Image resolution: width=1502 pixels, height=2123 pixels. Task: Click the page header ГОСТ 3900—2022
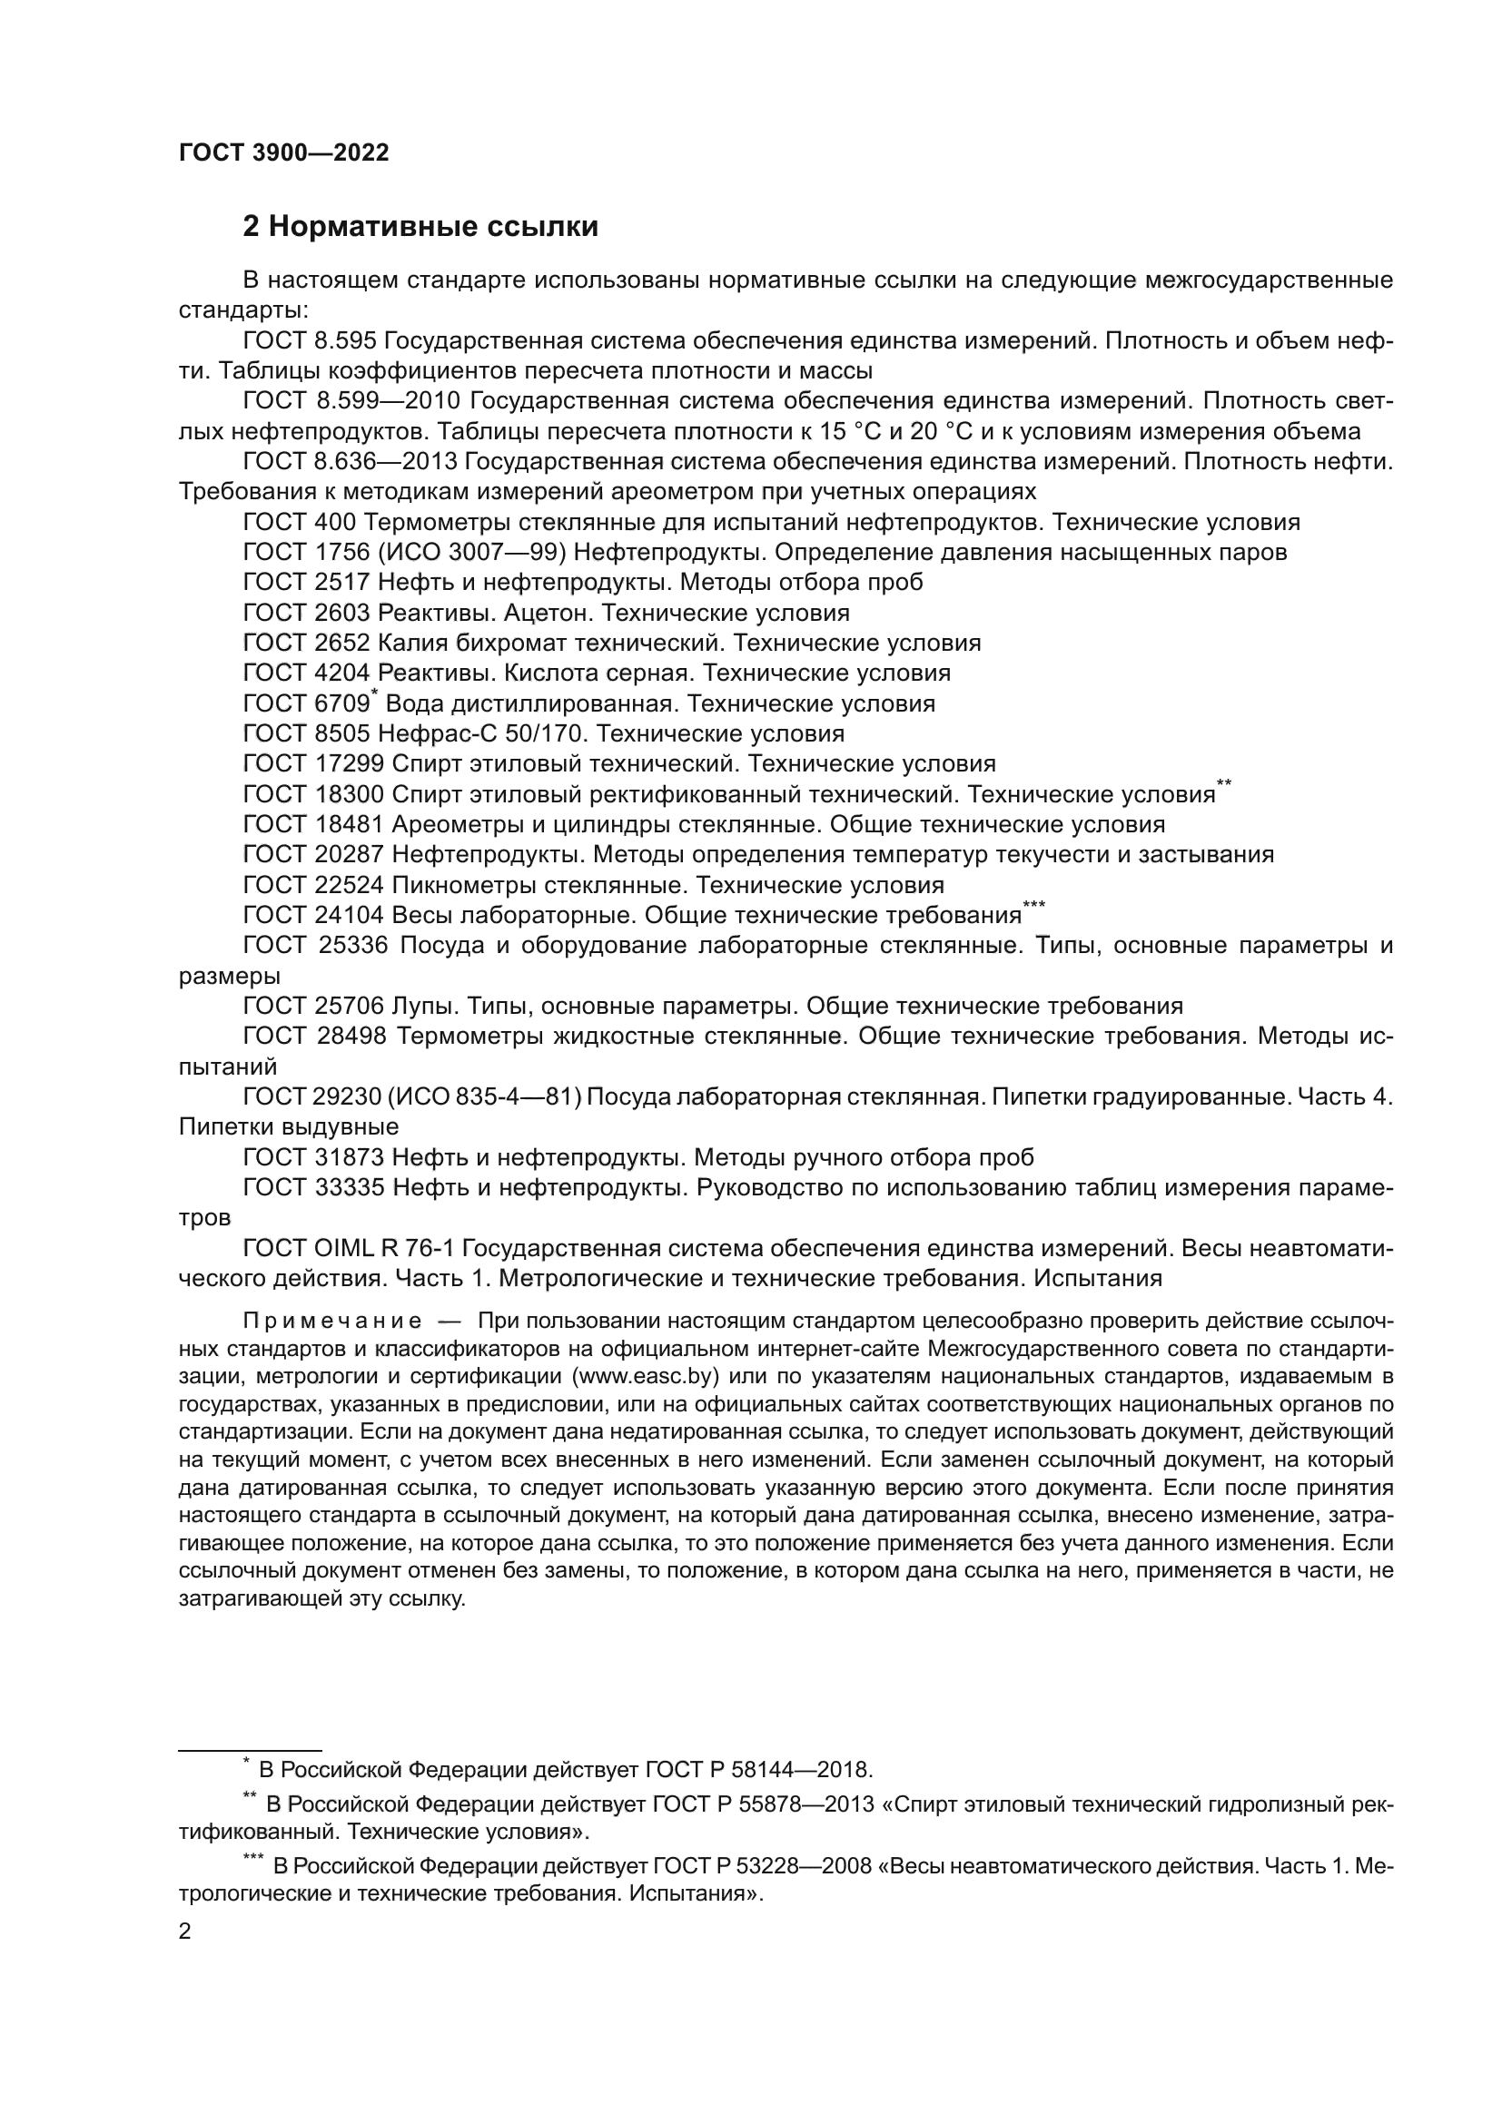283,153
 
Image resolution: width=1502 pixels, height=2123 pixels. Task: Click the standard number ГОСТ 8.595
309,341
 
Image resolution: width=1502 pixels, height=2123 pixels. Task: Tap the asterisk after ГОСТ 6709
374,694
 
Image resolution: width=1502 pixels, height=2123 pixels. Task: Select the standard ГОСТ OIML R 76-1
348,1249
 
